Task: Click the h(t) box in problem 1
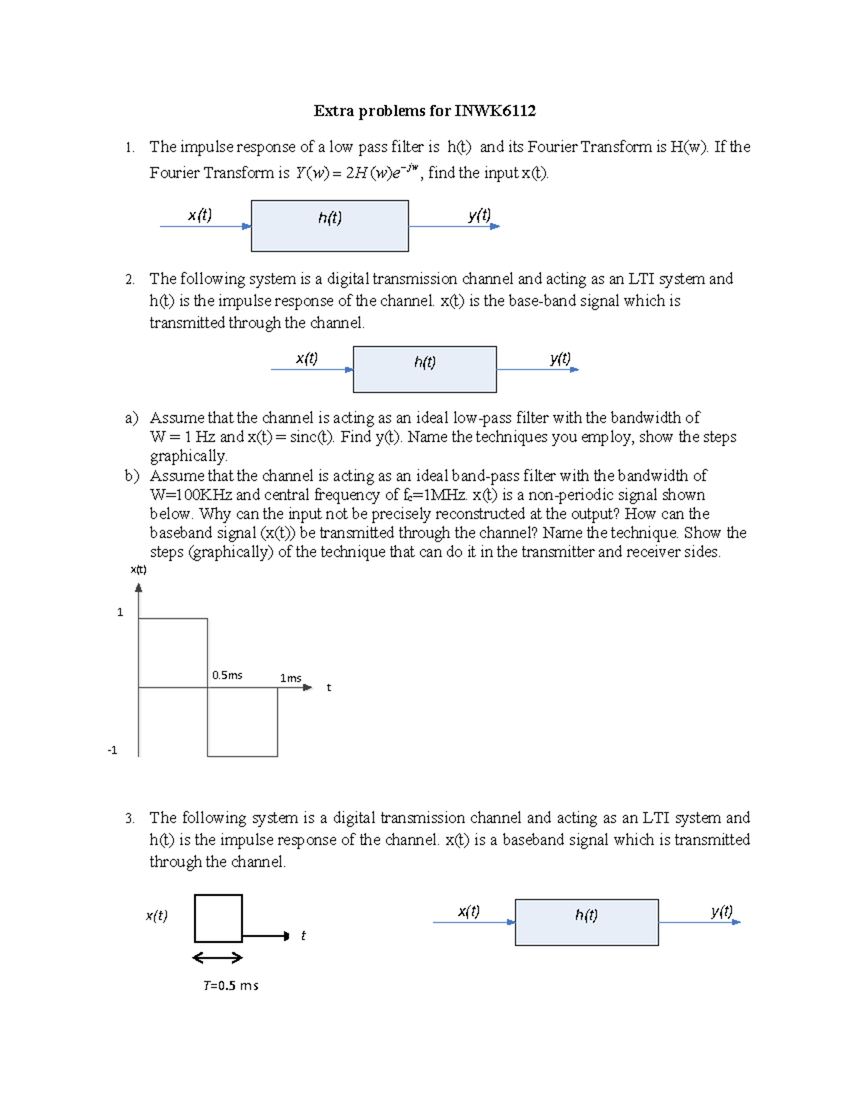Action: (x=329, y=225)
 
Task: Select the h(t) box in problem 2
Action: (x=424, y=369)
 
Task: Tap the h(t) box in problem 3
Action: (x=586, y=922)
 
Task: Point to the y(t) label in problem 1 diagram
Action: (x=479, y=215)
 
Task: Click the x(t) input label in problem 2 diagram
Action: (x=307, y=358)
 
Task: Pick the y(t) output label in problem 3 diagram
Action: (x=721, y=912)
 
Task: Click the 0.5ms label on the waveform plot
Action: (x=227, y=675)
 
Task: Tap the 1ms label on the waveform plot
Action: (x=290, y=678)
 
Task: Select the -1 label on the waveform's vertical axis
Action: (x=113, y=750)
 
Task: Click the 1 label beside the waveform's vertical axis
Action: (x=120, y=612)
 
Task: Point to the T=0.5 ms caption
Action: (x=230, y=985)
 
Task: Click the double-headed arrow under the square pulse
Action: (x=217, y=958)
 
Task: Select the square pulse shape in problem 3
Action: (x=218, y=918)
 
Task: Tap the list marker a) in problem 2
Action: (x=132, y=418)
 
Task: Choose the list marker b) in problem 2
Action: (x=132, y=476)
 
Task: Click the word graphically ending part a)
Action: (x=188, y=456)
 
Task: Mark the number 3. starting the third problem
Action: (x=130, y=818)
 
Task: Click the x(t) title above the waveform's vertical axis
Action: (x=138, y=569)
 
